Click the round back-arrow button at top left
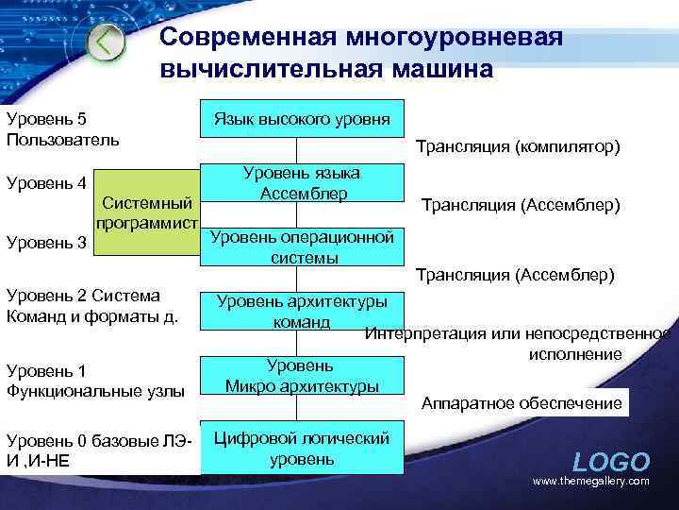(x=107, y=42)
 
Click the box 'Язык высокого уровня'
(x=301, y=119)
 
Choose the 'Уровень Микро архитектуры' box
(x=301, y=375)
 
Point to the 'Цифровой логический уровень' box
(x=301, y=449)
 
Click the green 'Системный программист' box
(x=147, y=213)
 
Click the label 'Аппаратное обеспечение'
(x=522, y=403)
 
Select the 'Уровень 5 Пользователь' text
(x=62, y=129)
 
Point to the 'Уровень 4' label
(x=46, y=182)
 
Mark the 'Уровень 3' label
(x=46, y=243)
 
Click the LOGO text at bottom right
(x=611, y=462)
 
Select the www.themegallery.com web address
(x=591, y=482)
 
